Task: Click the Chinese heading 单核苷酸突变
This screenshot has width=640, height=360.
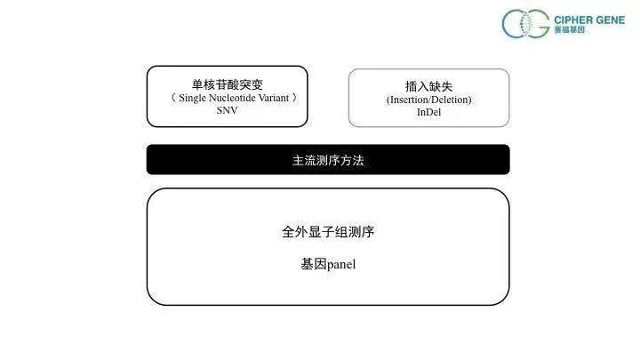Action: tap(227, 84)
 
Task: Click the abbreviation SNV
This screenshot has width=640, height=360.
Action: tap(227, 111)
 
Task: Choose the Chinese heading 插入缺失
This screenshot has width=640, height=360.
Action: tap(428, 86)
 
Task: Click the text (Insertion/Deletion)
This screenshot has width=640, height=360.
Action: tap(428, 100)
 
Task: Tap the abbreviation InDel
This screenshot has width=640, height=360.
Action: tap(428, 113)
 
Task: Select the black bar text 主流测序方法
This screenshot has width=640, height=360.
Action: tap(328, 161)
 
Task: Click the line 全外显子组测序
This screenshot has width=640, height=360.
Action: tap(328, 232)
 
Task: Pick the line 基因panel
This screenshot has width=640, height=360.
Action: tap(328, 264)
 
